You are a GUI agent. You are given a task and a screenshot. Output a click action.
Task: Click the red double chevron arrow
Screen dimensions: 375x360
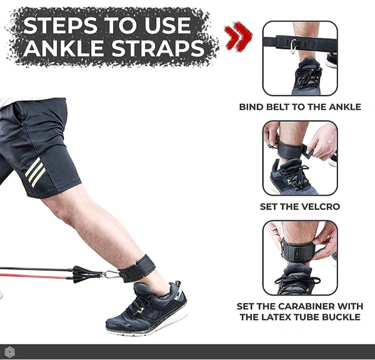click(x=238, y=36)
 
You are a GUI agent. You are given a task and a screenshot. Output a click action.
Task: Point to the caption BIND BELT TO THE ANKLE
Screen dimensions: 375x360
click(x=300, y=107)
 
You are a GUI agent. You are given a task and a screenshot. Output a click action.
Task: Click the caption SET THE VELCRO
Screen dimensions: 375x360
click(x=300, y=207)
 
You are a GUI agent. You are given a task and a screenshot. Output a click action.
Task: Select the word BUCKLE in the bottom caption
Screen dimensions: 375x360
click(x=341, y=317)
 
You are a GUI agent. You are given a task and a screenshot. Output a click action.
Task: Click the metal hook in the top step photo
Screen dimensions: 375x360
click(x=294, y=46)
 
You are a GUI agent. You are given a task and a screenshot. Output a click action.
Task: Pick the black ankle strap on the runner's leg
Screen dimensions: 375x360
click(x=137, y=268)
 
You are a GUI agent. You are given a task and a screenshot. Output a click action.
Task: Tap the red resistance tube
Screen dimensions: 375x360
click(x=36, y=276)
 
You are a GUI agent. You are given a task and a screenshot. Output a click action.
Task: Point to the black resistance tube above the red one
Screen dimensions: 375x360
click(x=36, y=269)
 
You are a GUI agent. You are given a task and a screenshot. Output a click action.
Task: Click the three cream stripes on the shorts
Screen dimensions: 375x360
click(x=35, y=172)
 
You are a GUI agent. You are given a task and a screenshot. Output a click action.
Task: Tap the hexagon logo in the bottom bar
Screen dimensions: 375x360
click(x=9, y=352)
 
